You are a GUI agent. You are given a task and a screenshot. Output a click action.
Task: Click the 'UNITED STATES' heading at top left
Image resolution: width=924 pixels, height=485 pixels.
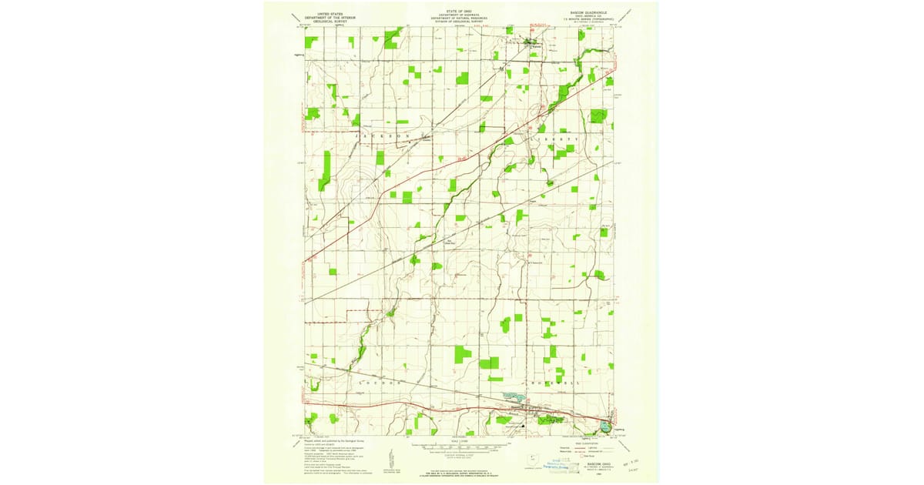click(324, 13)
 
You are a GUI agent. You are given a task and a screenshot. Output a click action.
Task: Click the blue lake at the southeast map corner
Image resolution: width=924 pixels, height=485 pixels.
click(606, 425)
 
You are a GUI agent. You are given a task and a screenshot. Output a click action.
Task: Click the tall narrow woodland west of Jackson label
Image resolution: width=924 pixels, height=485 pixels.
click(325, 171)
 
